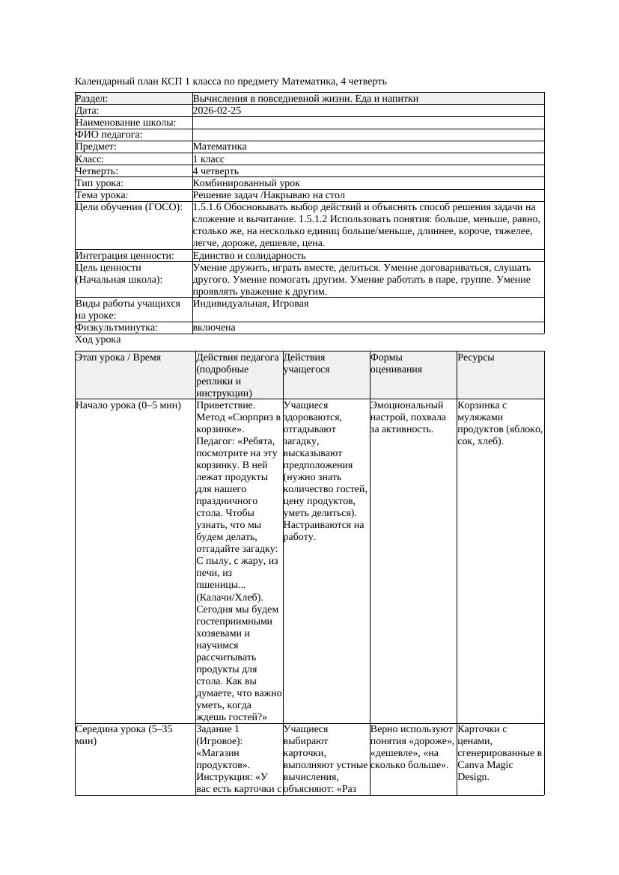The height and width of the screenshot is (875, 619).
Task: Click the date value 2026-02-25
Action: (x=217, y=111)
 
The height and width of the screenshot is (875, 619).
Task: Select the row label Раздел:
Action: (x=92, y=99)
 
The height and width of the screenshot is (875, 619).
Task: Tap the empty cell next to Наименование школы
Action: (x=367, y=123)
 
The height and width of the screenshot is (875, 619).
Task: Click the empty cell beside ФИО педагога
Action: (x=367, y=135)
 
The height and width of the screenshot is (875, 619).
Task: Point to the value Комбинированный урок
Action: (x=246, y=183)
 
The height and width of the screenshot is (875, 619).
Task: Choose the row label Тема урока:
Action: (x=102, y=195)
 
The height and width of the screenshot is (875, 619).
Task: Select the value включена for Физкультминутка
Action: (x=214, y=328)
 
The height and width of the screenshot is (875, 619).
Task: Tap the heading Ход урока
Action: (x=98, y=340)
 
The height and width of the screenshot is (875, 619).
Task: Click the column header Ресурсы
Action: (x=476, y=357)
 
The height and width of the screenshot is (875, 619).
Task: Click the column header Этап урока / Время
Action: (x=112, y=357)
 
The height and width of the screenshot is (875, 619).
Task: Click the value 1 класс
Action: (x=209, y=159)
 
